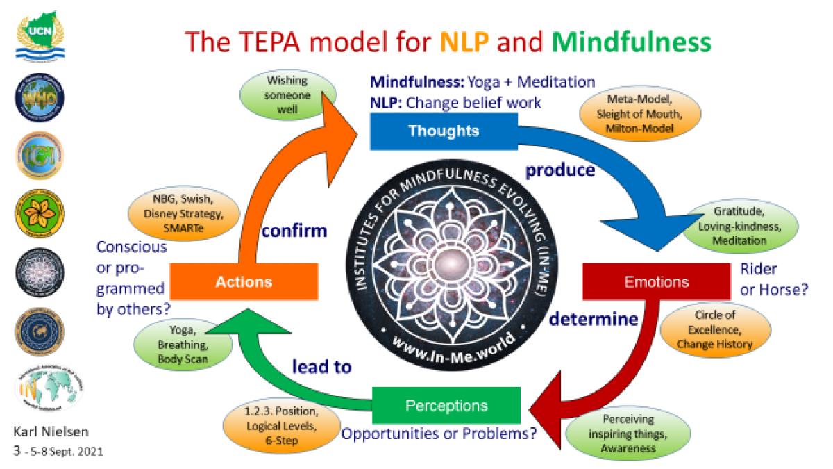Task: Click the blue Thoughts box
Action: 443,131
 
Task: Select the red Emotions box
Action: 656,281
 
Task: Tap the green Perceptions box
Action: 446,406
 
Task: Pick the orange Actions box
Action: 244,281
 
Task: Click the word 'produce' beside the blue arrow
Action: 560,170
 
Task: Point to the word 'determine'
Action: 593,320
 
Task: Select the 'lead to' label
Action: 321,366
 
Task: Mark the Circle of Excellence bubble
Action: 714,329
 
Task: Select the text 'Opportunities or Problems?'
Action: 439,434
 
